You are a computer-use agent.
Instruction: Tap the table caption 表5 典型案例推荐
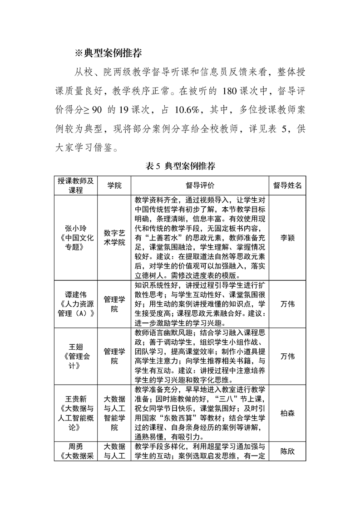pos(180,166)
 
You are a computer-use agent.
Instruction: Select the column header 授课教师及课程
pos(76,186)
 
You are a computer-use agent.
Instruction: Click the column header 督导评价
pos(200,186)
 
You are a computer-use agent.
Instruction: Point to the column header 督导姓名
pos(287,186)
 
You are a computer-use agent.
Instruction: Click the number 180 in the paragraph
pos(232,90)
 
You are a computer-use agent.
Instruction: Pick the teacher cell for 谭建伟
pos(76,303)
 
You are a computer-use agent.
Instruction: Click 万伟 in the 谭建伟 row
pos(287,303)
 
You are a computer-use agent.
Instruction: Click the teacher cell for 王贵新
pos(76,413)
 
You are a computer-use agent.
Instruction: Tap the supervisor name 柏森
pos(287,413)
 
